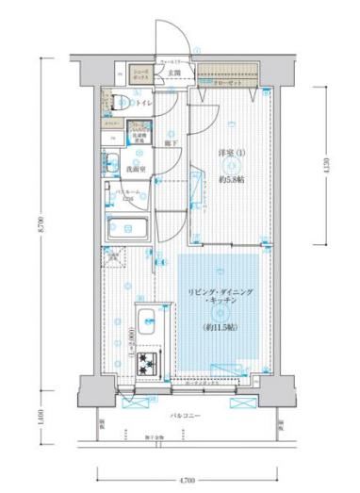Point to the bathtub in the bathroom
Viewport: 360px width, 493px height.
click(x=128, y=229)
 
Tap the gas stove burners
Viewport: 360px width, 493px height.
click(x=149, y=362)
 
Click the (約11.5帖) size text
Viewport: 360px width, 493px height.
click(x=218, y=327)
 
